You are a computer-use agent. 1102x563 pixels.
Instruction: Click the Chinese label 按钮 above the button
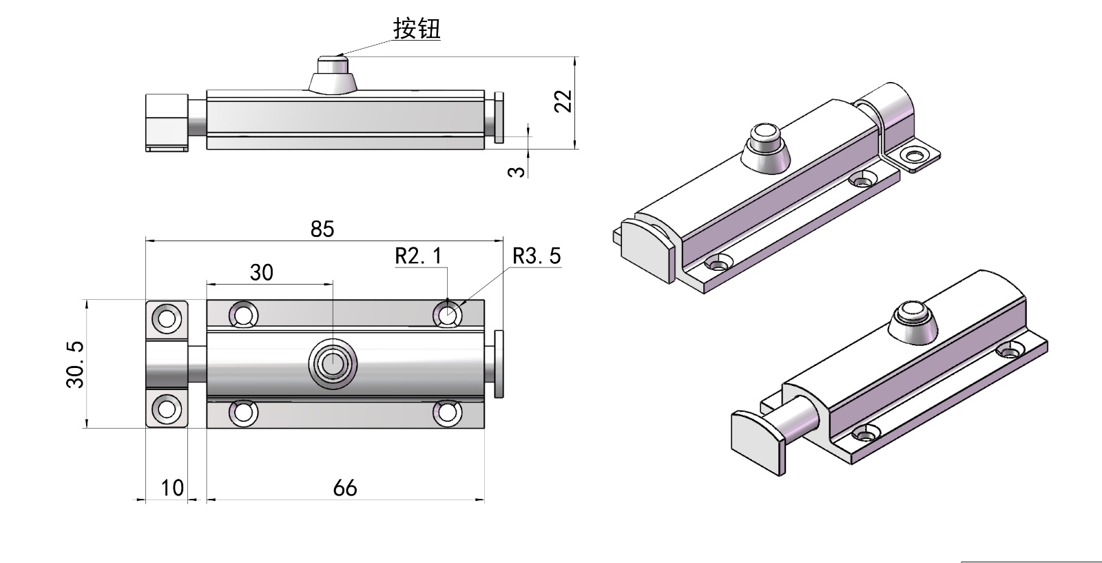(x=417, y=29)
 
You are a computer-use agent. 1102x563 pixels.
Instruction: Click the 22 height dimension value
(x=564, y=101)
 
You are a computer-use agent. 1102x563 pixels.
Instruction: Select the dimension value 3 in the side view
(x=517, y=170)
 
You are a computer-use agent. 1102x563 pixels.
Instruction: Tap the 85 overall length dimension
(x=322, y=229)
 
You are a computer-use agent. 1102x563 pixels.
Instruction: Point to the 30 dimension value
(x=262, y=273)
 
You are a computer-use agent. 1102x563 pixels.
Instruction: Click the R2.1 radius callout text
(x=419, y=256)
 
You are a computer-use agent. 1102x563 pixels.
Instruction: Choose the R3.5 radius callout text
(x=537, y=256)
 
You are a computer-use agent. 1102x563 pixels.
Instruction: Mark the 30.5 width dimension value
(x=75, y=365)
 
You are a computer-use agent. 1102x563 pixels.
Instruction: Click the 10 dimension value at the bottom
(x=172, y=488)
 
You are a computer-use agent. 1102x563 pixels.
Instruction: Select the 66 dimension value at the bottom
(x=345, y=488)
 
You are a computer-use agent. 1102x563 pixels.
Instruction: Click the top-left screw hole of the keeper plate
(x=166, y=318)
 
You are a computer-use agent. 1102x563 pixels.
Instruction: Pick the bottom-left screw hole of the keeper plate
(x=166, y=409)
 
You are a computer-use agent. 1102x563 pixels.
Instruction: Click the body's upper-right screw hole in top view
(x=448, y=315)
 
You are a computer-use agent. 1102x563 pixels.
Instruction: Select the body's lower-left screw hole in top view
(x=242, y=412)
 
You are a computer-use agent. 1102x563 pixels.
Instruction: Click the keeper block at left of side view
(x=167, y=121)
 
